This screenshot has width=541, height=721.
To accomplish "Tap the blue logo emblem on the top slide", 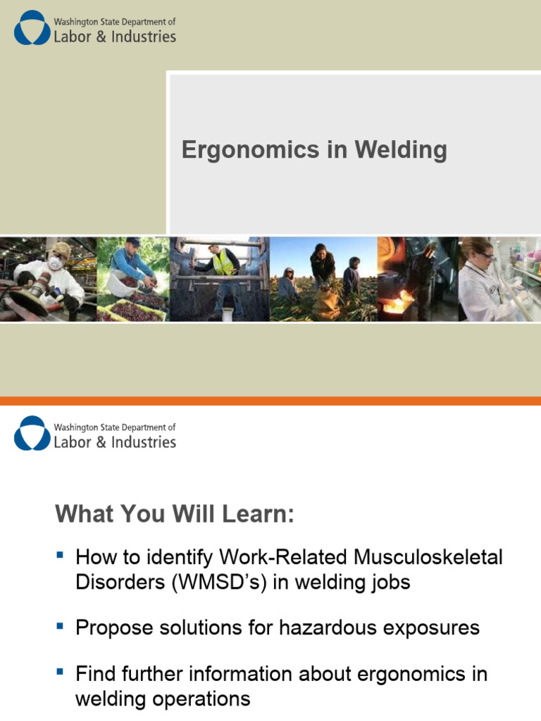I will click(x=31, y=28).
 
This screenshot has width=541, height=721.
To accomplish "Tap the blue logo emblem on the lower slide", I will click(x=31, y=433).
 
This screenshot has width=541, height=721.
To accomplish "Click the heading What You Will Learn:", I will click(x=174, y=515).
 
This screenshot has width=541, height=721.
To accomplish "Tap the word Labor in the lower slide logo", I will click(x=72, y=442).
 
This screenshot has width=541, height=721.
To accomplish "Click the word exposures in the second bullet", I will click(x=433, y=627).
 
